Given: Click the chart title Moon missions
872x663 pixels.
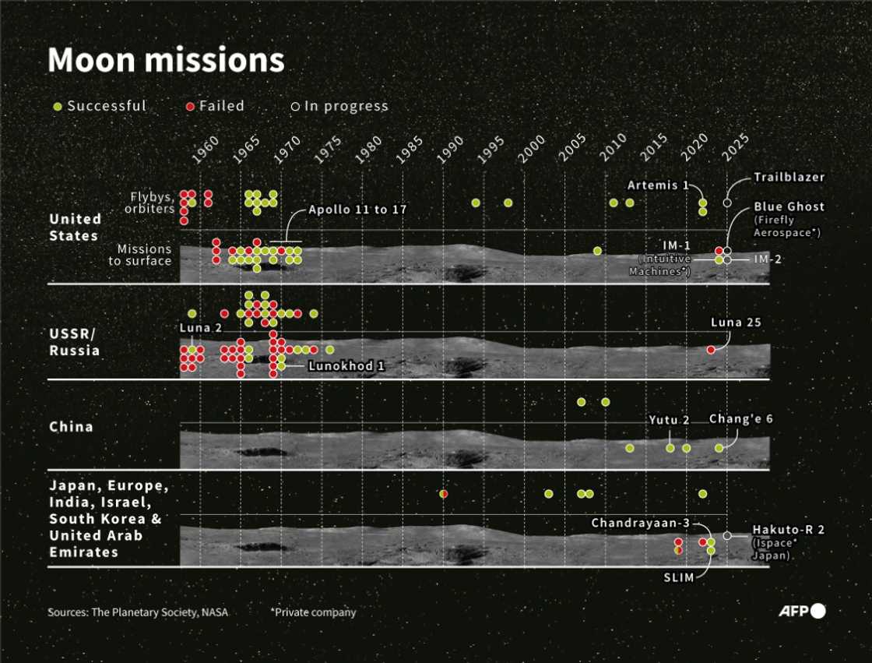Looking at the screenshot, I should [x=166, y=61].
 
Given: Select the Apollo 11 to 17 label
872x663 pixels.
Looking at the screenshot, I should [x=357, y=210].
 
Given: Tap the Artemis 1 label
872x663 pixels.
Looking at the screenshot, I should [x=658, y=185].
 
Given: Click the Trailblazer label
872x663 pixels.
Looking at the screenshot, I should [x=789, y=178].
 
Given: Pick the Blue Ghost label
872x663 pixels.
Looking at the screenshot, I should [x=789, y=207].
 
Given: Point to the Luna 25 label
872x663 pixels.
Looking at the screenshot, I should [x=736, y=322].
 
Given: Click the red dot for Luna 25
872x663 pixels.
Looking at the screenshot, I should [x=711, y=350].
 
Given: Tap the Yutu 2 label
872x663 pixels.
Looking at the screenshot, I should [x=670, y=421].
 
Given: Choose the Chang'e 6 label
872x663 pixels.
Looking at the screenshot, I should [x=740, y=419].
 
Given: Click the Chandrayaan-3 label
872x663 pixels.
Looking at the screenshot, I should [x=640, y=523].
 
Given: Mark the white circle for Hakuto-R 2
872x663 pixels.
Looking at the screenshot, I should [x=727, y=535].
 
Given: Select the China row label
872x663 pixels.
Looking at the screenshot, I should [x=71, y=427].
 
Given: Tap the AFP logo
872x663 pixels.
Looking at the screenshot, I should [x=801, y=612].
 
